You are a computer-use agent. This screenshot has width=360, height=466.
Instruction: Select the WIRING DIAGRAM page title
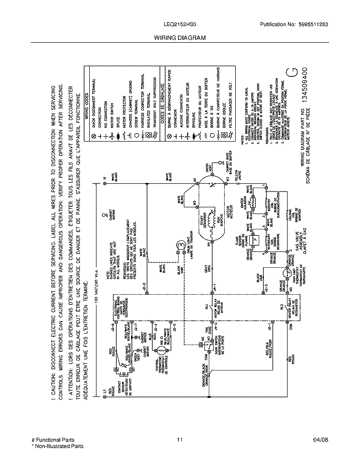coord(180,37)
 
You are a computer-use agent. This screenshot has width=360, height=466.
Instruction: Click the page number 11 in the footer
coord(180,440)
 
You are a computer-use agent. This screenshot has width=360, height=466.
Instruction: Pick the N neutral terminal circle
coord(105,183)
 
